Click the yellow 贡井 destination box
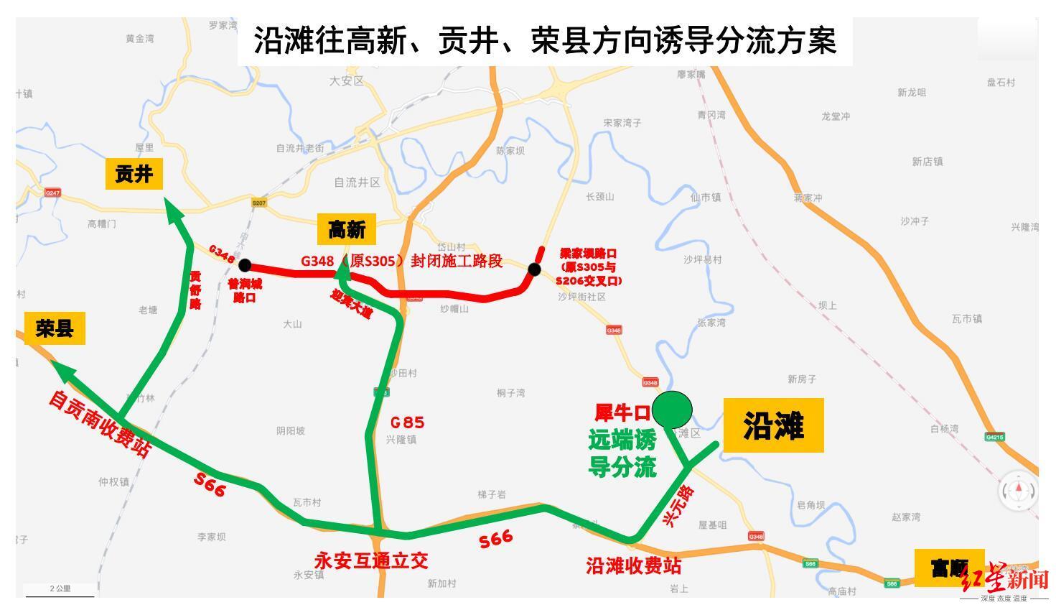point(134,174)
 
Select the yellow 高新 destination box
point(347,230)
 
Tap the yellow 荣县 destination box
point(55,329)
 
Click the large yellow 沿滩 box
point(773,425)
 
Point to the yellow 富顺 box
point(948,568)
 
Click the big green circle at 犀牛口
point(673,410)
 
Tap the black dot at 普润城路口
point(245,265)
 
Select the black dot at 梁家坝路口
point(534,269)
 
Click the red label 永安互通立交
point(371,560)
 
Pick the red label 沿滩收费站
point(633,566)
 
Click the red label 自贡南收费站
point(100,424)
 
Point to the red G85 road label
point(407,422)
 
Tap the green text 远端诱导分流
point(622,453)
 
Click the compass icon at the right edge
point(1019,491)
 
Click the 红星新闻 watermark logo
point(1004,580)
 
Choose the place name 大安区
point(347,81)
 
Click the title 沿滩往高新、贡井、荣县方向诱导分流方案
point(545,40)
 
